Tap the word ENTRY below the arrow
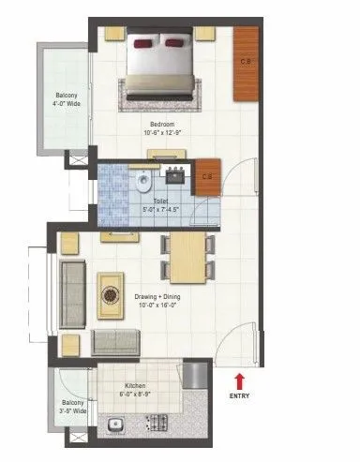240,396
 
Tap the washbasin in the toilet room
175,172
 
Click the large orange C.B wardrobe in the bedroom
246,64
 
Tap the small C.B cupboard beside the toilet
208,175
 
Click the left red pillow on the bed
146,42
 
